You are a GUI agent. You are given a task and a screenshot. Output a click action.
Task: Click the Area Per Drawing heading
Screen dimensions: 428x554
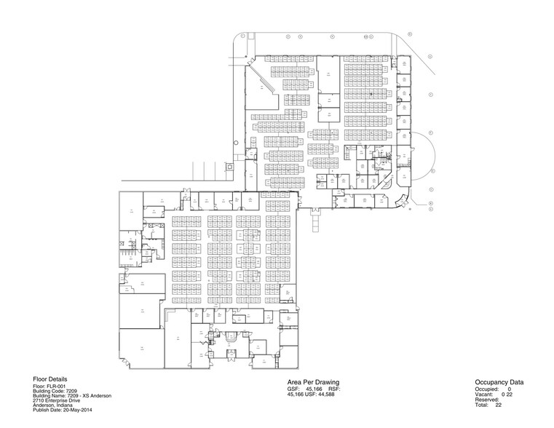(314, 382)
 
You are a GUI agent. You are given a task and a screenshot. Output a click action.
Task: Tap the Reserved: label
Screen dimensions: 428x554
(488, 401)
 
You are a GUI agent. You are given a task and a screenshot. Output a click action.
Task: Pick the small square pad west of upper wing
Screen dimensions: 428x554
(230, 166)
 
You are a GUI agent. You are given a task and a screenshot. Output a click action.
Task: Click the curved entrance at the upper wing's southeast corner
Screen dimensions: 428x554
(399, 202)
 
